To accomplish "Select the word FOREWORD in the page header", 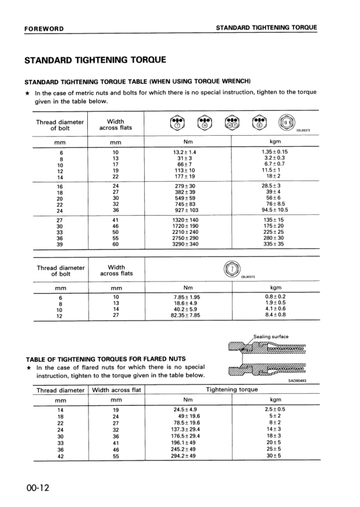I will click(x=44, y=28).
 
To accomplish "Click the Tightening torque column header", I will click(x=232, y=389).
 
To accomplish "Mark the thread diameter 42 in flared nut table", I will click(x=60, y=455).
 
